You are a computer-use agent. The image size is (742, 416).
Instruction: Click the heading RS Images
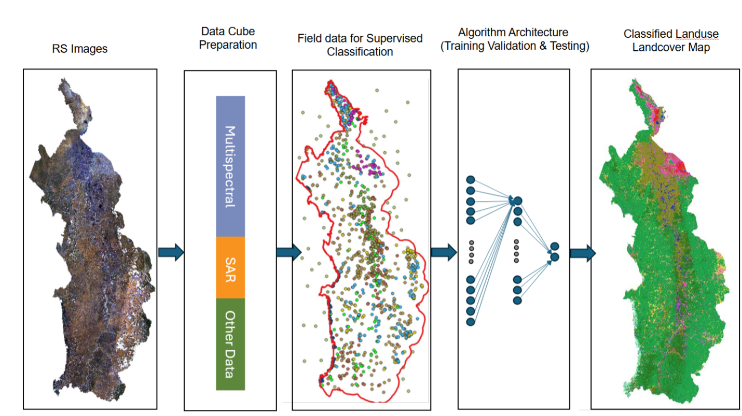click(x=80, y=49)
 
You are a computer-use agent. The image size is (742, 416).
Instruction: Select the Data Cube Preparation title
click(x=228, y=38)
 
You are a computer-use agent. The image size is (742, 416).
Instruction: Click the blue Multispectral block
click(x=230, y=166)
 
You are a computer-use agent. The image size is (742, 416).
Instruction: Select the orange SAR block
click(x=230, y=267)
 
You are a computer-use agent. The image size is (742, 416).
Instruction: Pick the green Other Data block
click(x=230, y=344)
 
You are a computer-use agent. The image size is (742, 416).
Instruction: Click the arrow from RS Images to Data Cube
click(x=171, y=252)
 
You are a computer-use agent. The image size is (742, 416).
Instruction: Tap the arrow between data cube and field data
click(x=288, y=252)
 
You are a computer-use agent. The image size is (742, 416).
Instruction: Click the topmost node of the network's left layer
click(x=471, y=179)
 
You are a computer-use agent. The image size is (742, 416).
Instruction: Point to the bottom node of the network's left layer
click(x=471, y=322)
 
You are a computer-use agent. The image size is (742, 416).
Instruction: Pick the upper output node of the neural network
click(x=555, y=246)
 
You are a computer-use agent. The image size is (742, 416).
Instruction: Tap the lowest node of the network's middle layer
click(x=517, y=300)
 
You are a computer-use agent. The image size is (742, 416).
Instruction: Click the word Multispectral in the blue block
click(x=230, y=166)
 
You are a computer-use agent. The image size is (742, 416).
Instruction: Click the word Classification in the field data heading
click(x=360, y=52)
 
